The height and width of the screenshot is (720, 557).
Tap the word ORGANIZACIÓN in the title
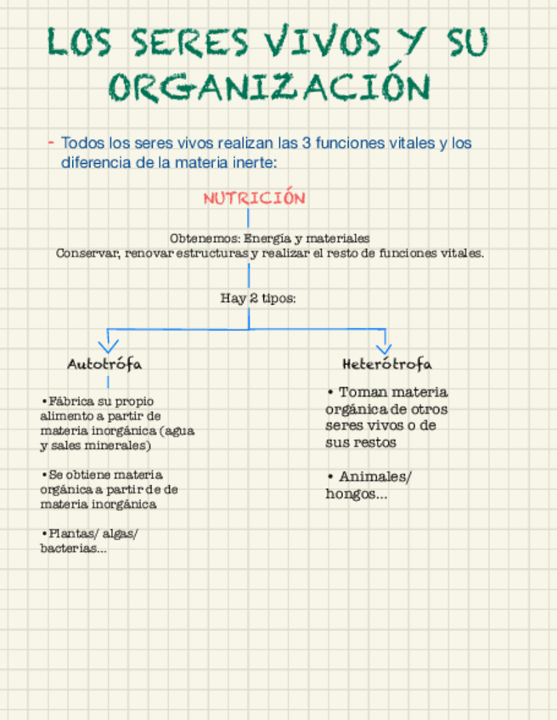(x=271, y=88)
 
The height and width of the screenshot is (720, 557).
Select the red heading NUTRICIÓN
(x=254, y=198)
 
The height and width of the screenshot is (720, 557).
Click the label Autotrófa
(x=104, y=363)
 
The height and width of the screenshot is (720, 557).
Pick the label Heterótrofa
(x=387, y=363)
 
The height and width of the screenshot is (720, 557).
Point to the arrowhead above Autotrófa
(x=108, y=346)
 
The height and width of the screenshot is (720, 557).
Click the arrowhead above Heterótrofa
(x=384, y=346)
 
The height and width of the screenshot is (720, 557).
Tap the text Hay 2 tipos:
(x=258, y=298)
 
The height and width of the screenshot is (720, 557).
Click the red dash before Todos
(x=51, y=142)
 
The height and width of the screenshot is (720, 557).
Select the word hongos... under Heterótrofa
(x=356, y=493)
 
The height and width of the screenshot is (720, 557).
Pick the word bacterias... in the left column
(x=73, y=548)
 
